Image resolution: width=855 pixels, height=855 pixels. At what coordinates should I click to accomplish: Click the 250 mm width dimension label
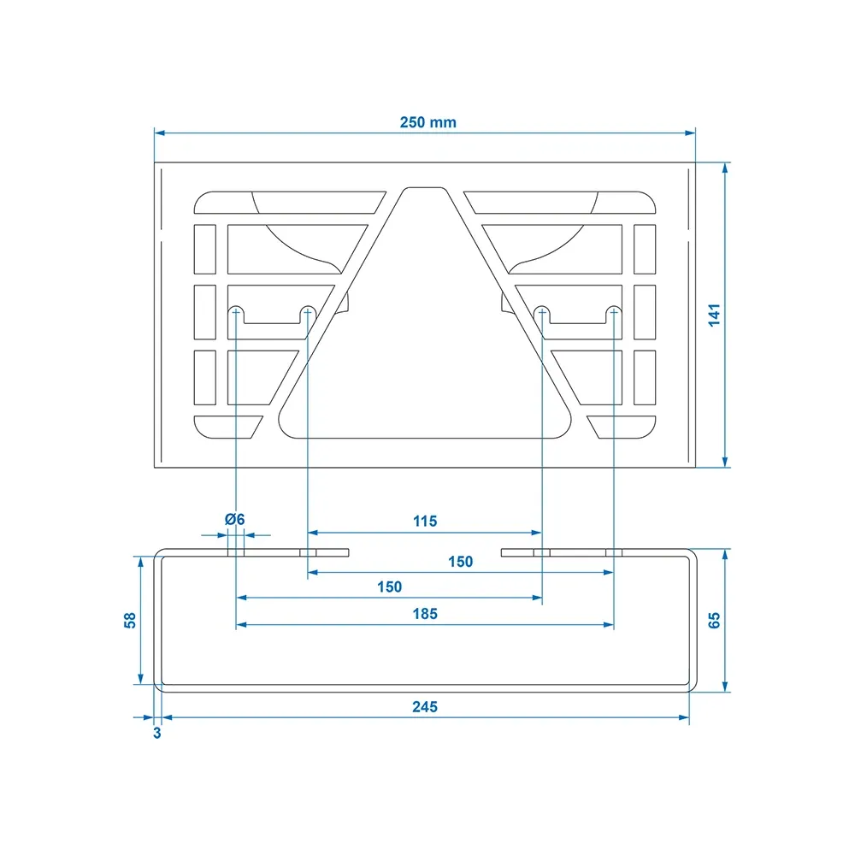pyautogui.click(x=428, y=122)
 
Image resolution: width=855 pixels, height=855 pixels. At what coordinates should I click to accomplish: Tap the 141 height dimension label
pyautogui.click(x=714, y=315)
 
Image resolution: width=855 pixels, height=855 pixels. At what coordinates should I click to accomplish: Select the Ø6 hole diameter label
pyautogui.click(x=235, y=519)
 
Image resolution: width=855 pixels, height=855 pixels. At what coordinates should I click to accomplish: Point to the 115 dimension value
pyautogui.click(x=425, y=522)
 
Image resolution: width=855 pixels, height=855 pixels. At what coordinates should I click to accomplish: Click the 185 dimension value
pyautogui.click(x=425, y=614)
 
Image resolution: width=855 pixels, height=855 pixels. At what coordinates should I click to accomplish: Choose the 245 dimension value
pyautogui.click(x=425, y=707)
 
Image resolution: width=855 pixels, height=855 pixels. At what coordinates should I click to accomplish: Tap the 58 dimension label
pyautogui.click(x=130, y=621)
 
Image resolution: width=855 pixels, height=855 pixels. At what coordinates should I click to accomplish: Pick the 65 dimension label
pyautogui.click(x=714, y=621)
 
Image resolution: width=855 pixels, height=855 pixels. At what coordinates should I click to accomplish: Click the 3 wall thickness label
pyautogui.click(x=157, y=733)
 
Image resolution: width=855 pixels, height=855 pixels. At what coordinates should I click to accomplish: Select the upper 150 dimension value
pyautogui.click(x=460, y=562)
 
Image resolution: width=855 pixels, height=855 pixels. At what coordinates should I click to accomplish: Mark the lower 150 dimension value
pyautogui.click(x=389, y=587)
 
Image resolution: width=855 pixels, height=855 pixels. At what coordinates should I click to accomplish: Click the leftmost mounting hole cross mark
pyautogui.click(x=236, y=312)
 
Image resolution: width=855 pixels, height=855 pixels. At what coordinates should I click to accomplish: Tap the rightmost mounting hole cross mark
pyautogui.click(x=614, y=312)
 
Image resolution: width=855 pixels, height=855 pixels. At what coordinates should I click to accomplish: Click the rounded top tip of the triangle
pyautogui.click(x=425, y=189)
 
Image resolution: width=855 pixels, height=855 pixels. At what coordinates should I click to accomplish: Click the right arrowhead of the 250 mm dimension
pyautogui.click(x=690, y=133)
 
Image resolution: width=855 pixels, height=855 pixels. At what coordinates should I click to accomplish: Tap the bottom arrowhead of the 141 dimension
pyautogui.click(x=725, y=462)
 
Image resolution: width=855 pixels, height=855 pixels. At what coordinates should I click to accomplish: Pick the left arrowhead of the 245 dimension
pyautogui.click(x=168, y=717)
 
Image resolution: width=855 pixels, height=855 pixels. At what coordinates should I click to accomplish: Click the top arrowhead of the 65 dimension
pyautogui.click(x=725, y=555)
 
